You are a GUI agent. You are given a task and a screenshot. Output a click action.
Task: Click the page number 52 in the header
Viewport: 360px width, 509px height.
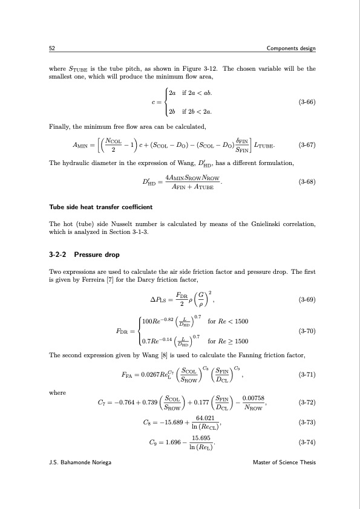[51, 48]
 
